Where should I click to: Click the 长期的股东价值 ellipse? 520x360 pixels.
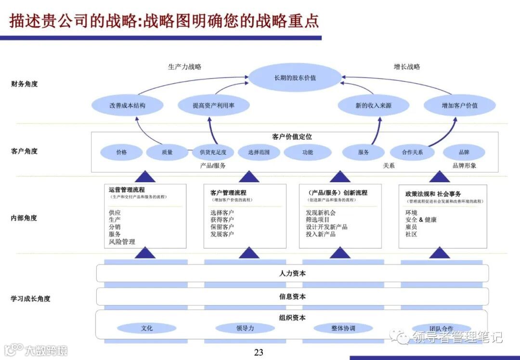(295, 78)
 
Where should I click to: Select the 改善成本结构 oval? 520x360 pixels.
(127, 105)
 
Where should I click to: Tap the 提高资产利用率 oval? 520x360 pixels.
(213, 105)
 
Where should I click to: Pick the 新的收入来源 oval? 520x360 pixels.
(374, 105)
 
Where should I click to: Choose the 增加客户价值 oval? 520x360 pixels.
(459, 105)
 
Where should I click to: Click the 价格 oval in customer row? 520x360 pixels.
(121, 152)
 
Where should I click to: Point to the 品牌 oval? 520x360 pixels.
(464, 152)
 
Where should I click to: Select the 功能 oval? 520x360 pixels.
(308, 152)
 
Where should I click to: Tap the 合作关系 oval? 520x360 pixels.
(413, 152)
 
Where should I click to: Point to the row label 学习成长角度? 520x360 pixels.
(30, 299)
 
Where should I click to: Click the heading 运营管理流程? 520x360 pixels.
(127, 190)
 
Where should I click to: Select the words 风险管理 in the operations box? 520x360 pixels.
(122, 241)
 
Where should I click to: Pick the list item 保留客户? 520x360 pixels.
(222, 227)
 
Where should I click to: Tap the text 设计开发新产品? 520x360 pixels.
(326, 227)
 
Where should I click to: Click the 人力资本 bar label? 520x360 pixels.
(292, 274)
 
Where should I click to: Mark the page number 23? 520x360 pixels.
(259, 353)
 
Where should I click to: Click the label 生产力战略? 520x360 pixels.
(184, 67)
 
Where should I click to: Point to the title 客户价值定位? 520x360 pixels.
(292, 137)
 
